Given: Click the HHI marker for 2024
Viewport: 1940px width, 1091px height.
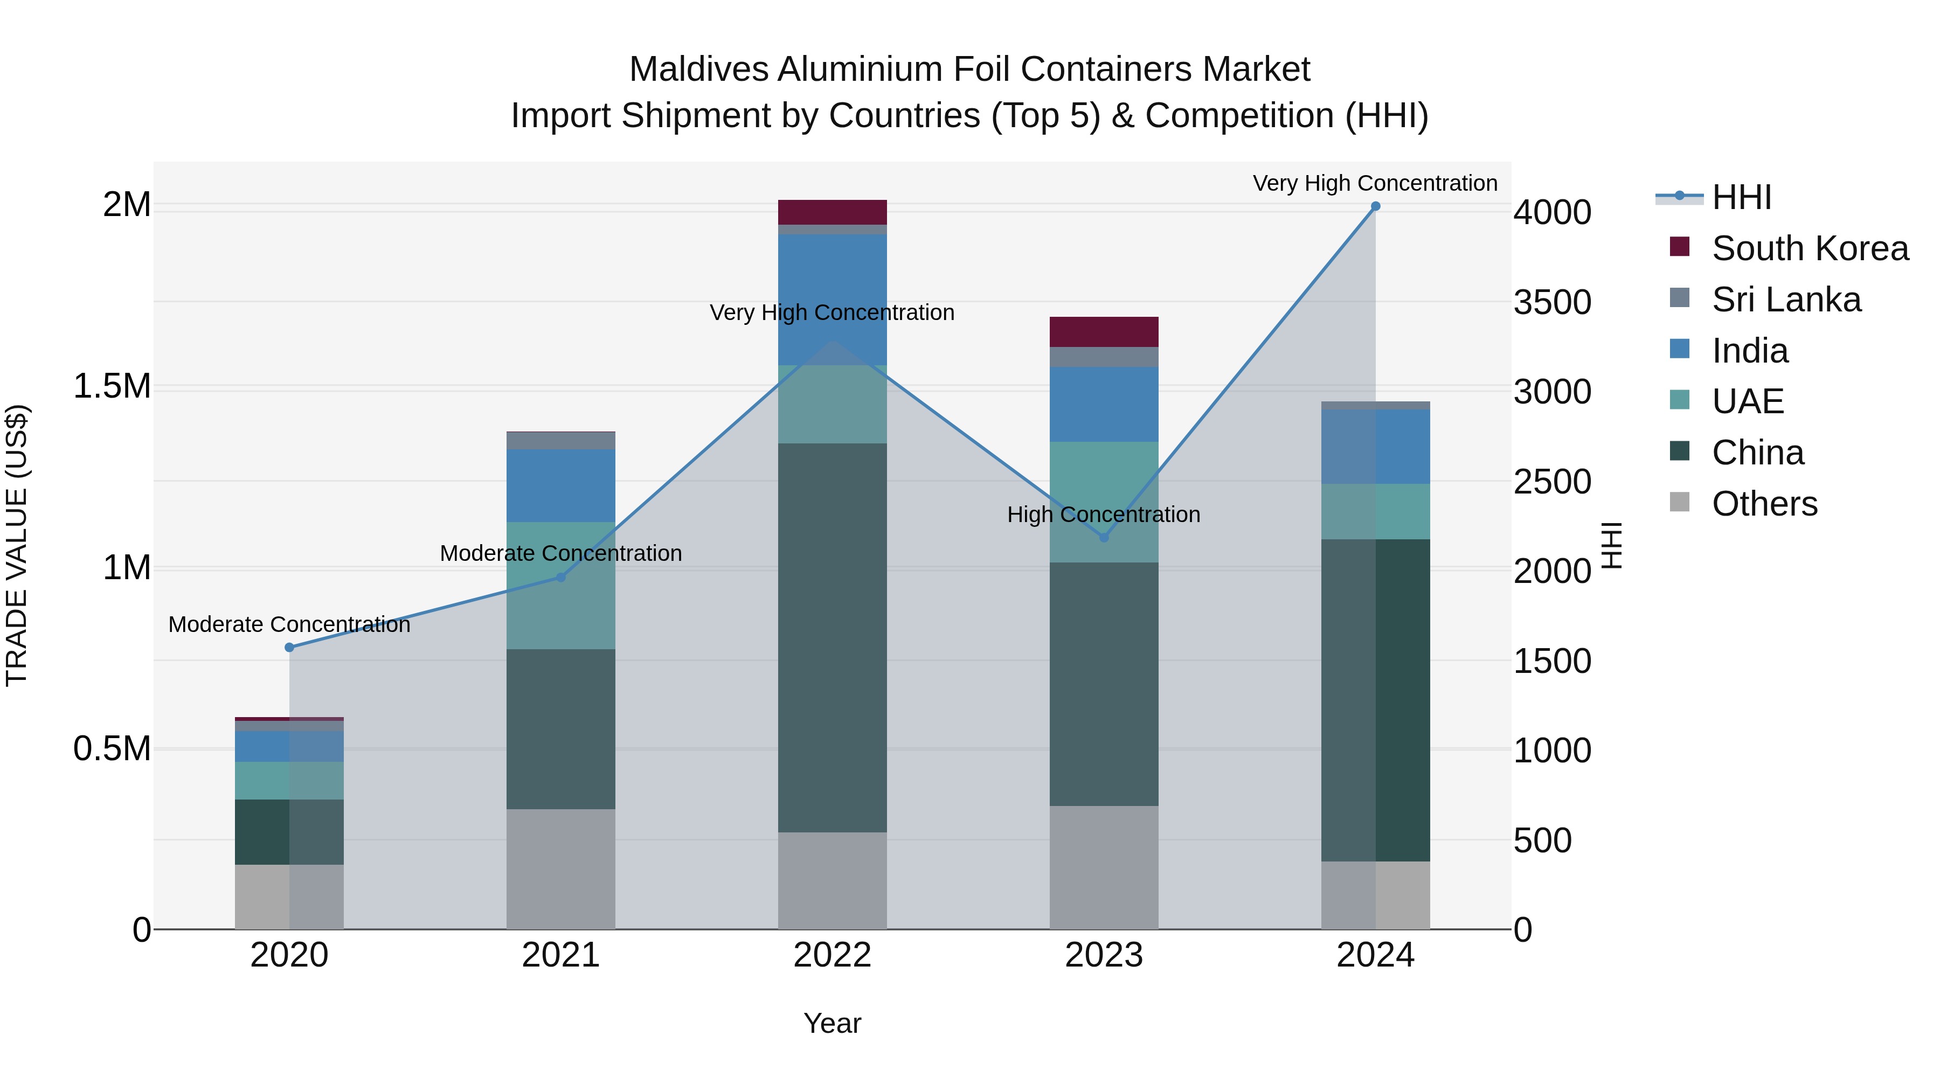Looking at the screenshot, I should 1375,206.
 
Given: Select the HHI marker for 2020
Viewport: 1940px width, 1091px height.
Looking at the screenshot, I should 289,648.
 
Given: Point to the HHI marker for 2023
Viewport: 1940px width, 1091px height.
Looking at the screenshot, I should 1104,538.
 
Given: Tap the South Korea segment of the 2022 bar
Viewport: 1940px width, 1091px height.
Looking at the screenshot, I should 832,212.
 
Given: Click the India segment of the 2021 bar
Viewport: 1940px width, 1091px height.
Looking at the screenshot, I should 560,485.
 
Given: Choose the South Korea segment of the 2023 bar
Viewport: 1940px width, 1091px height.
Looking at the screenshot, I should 1104,332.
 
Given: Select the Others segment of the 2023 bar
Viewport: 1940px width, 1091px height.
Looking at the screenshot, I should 1104,867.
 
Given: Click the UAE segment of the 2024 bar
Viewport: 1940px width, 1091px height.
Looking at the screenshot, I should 1375,511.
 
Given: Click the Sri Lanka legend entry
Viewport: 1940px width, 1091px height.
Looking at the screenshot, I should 1786,300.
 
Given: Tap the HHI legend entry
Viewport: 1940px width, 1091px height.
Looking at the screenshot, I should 1741,197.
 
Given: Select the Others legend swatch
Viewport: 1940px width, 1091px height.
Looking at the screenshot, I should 1679,502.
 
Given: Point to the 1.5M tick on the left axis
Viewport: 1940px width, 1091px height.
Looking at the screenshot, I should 112,386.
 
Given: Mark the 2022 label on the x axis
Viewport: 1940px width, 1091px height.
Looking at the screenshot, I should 832,955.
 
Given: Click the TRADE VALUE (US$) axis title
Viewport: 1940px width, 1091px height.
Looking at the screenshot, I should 17,545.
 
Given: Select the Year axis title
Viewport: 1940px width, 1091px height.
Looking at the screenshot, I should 832,1023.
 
